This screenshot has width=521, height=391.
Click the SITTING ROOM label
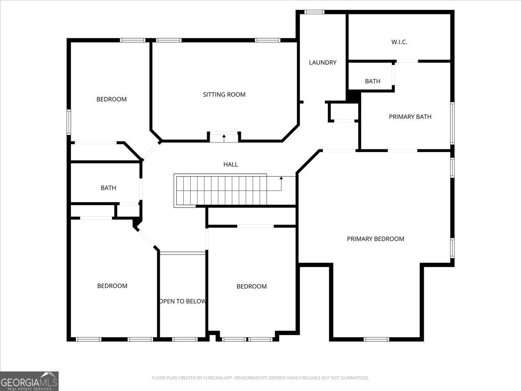coord(224,94)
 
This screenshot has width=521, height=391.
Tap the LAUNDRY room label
coord(323,63)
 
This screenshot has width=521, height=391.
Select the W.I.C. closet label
coord(399,42)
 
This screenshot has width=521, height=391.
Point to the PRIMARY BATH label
coord(410,116)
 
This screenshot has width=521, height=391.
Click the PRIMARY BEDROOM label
coord(375,239)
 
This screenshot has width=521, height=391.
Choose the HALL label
coord(231,164)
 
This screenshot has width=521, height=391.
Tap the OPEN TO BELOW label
coord(182,301)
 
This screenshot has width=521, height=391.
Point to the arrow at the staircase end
coord(281,178)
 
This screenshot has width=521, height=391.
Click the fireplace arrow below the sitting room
coord(224,137)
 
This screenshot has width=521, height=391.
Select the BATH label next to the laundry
coord(373,81)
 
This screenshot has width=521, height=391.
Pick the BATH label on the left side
coord(108,188)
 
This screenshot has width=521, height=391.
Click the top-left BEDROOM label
coord(112,99)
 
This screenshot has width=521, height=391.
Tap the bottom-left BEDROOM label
coord(112,285)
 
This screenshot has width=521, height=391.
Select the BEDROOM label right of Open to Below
coord(251,286)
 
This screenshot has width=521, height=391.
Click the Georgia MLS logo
coord(29,381)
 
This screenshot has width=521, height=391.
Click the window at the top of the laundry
coord(314,12)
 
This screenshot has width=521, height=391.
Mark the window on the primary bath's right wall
coord(452,123)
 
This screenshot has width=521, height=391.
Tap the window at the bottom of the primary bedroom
coord(376,339)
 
